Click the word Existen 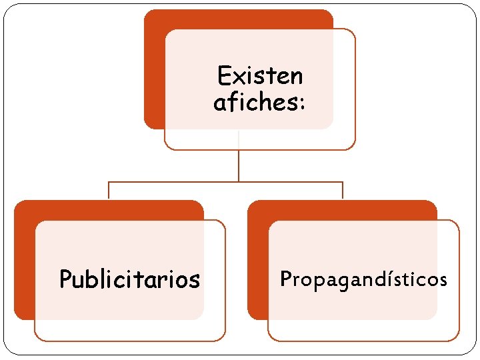(x=260, y=76)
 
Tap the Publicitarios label (x=129, y=279)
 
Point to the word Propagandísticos (x=363, y=279)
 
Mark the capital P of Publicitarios (x=65, y=279)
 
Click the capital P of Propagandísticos (x=286, y=278)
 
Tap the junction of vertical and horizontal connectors (x=238, y=181)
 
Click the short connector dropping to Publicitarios (x=109, y=190)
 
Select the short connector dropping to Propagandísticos (x=342, y=190)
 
